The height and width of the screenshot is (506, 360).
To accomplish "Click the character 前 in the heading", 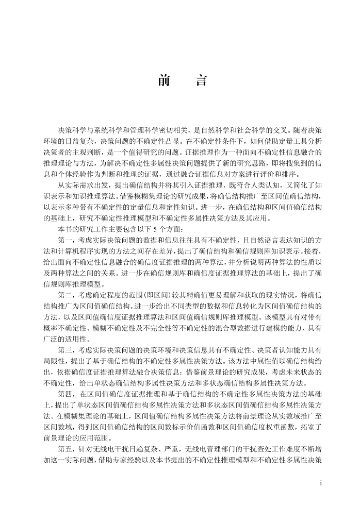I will pyautogui.click(x=164, y=81).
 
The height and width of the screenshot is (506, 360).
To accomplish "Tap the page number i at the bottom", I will pyautogui.click(x=321, y=484).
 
